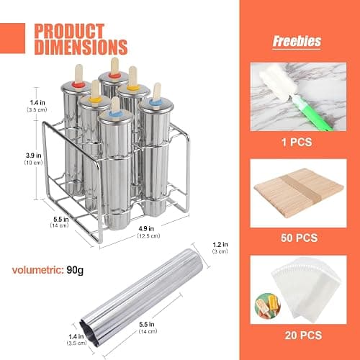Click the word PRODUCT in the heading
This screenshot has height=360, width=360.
coord(69,31)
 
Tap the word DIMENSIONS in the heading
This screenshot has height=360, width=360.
coord(81,47)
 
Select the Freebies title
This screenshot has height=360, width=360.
coord(297,41)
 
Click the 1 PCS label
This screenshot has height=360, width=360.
coord(297,142)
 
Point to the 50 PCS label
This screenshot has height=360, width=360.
coord(300,238)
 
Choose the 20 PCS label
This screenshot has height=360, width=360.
coord(303,335)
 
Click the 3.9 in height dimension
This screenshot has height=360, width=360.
coord(34,156)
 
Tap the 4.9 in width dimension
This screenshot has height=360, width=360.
coord(146,228)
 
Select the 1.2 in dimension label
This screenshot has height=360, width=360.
coord(220,245)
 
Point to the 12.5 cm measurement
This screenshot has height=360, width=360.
coord(149,235)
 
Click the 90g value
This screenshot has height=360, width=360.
coord(75,270)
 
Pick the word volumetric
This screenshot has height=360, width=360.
coord(37,270)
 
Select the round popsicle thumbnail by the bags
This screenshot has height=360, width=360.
coord(268,305)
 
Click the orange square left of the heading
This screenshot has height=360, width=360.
coord(12,38)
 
